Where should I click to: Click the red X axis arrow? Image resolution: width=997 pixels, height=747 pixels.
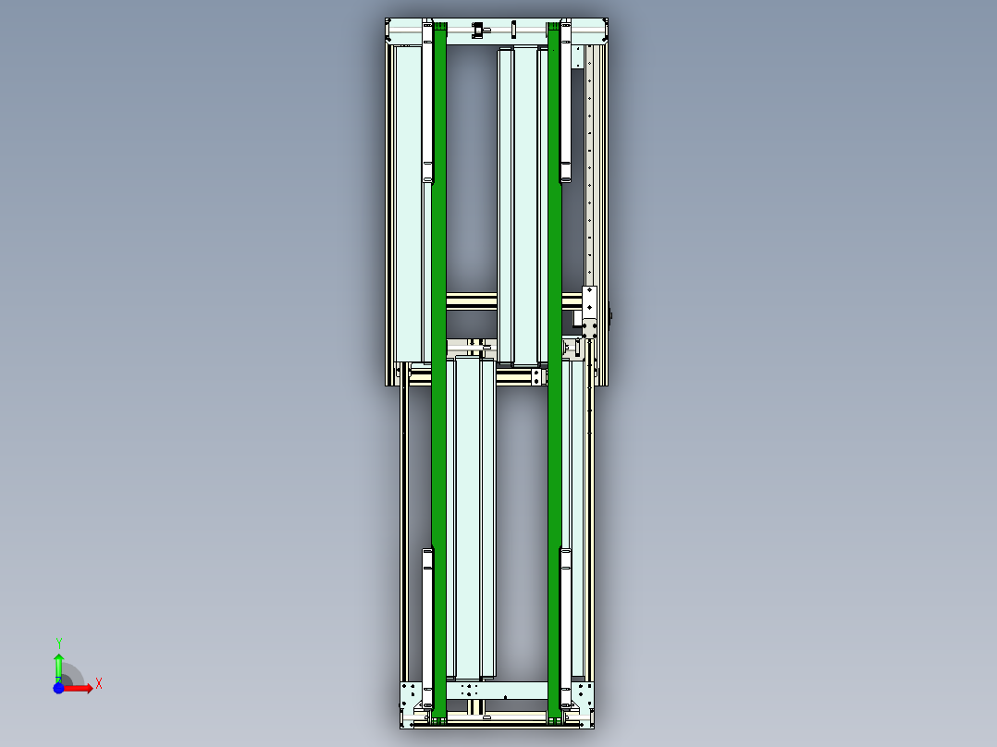pos(81,688)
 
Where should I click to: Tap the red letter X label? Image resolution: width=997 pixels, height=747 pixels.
pos(99,684)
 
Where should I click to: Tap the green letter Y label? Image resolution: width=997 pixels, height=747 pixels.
pos(58,643)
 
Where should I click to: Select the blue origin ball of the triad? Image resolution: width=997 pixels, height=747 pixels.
pos(58,688)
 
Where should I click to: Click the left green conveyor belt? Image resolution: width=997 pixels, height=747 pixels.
pos(439,370)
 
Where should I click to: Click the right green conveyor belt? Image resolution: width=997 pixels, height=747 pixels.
pos(555,370)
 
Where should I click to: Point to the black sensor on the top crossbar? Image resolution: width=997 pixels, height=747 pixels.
pos(478,31)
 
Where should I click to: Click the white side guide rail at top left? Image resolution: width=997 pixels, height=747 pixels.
pos(427,102)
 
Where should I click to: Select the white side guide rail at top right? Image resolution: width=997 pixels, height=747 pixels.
pos(565,102)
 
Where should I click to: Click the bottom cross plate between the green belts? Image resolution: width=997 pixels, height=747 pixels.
pos(497,690)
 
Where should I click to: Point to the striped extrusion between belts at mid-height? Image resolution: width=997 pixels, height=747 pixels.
pos(472,301)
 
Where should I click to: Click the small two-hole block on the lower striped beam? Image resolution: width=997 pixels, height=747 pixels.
pos(535,377)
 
